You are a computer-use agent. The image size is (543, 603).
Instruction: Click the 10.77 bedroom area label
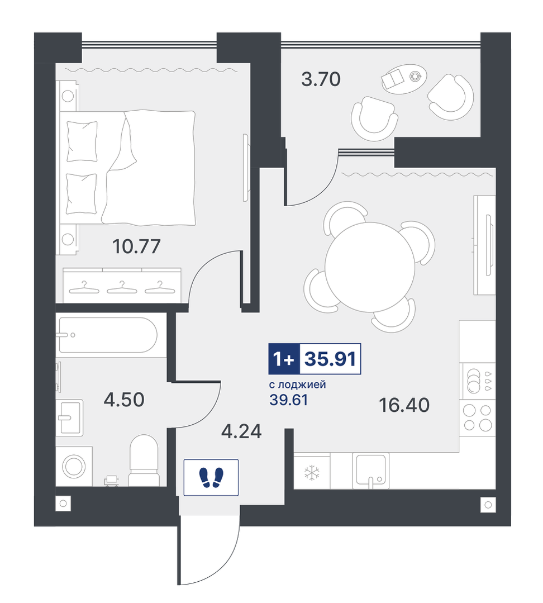pos(136,246)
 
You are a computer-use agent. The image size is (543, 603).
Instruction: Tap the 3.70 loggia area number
pos(321,79)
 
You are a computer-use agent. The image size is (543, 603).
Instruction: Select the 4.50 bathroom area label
pos(124,400)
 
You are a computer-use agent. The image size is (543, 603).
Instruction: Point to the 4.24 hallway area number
pos(242,431)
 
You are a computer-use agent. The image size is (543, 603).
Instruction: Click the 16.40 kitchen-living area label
pos(404,405)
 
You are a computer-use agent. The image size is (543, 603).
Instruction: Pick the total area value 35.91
pos(330,359)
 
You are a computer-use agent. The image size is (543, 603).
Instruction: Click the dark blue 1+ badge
pos(284,359)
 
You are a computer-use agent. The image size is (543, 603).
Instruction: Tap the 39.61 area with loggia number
pos(289,400)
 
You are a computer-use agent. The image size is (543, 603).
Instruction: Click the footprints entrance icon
pos(211,478)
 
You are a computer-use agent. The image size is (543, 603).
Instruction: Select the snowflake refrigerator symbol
pos(312,473)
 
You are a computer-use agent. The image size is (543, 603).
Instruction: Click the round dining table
pos(370,267)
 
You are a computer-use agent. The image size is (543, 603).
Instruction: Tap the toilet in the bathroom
pos(144,460)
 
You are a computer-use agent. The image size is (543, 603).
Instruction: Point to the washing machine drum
pos(74,467)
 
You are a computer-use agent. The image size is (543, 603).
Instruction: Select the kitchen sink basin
pos(370,469)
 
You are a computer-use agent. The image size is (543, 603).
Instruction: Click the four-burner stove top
pos(477,417)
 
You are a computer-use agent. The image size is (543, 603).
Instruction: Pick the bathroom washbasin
pos(70,417)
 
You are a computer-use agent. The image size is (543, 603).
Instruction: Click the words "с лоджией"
pos(297,384)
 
